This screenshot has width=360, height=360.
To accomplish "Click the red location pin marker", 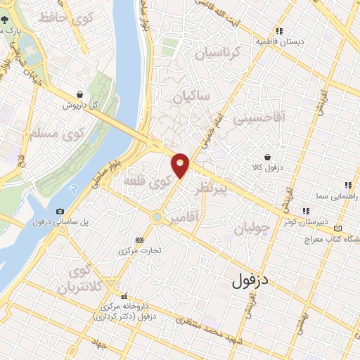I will tap(181, 165).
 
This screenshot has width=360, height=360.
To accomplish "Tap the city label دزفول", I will tap(250, 281).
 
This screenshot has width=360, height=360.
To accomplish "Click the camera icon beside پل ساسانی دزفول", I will tap(60, 212).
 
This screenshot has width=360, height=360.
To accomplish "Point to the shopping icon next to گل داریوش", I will tap(79, 94).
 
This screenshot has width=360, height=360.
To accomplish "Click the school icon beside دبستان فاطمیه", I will tap(279, 31).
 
